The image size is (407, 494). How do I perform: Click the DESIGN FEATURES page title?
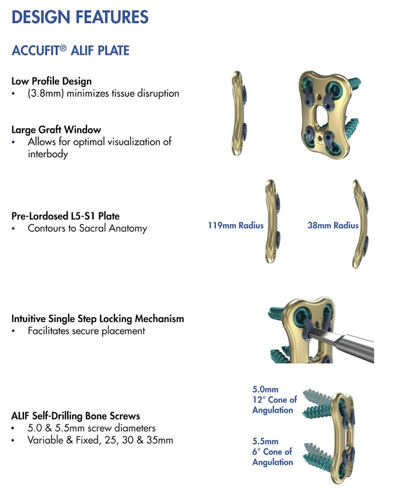point(80,17)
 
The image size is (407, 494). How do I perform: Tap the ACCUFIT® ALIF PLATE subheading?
point(70,50)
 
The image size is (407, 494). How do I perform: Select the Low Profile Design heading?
point(51,81)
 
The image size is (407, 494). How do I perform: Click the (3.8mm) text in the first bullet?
point(46,93)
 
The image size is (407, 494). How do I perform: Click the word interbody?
point(48,154)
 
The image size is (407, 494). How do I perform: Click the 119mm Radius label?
point(235,225)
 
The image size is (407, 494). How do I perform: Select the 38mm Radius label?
point(333,225)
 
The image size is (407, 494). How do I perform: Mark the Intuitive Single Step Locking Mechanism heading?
point(98,319)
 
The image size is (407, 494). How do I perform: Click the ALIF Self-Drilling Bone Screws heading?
point(76,416)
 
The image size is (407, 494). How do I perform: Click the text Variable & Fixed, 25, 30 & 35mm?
point(100,440)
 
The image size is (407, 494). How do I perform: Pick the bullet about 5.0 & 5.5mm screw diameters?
point(92,428)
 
